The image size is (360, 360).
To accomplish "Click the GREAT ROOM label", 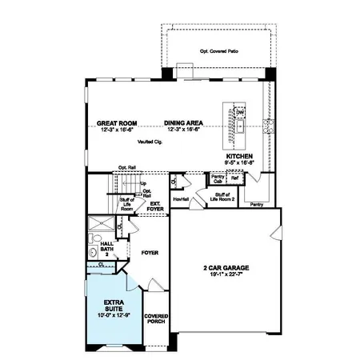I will pos(117,123).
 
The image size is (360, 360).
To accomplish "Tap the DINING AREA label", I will pos(183,123).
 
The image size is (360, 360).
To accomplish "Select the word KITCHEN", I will pos(239,156).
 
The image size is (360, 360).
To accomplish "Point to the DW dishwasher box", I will pos(239,114).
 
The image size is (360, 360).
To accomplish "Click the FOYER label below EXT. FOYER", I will pos(150,253).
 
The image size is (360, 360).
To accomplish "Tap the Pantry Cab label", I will pos(218,180).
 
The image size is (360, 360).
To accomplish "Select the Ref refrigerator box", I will pos(234,179).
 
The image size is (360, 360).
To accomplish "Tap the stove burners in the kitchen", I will pos(268,126).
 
